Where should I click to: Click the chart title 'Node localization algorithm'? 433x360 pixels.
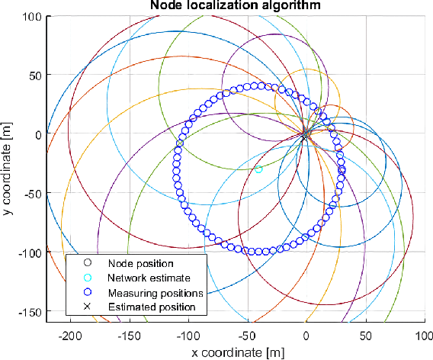pos(236,7)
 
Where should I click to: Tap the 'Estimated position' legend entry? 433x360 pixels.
pos(147,307)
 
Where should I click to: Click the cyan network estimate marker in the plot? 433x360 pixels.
pos(258,169)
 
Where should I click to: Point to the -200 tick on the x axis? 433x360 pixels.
pos(70,336)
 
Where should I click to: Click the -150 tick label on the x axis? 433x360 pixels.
pos(129,336)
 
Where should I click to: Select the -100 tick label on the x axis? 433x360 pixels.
pos(188,336)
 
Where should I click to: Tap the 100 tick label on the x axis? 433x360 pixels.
pos(423,336)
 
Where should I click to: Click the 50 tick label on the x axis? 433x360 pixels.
pos(364,336)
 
